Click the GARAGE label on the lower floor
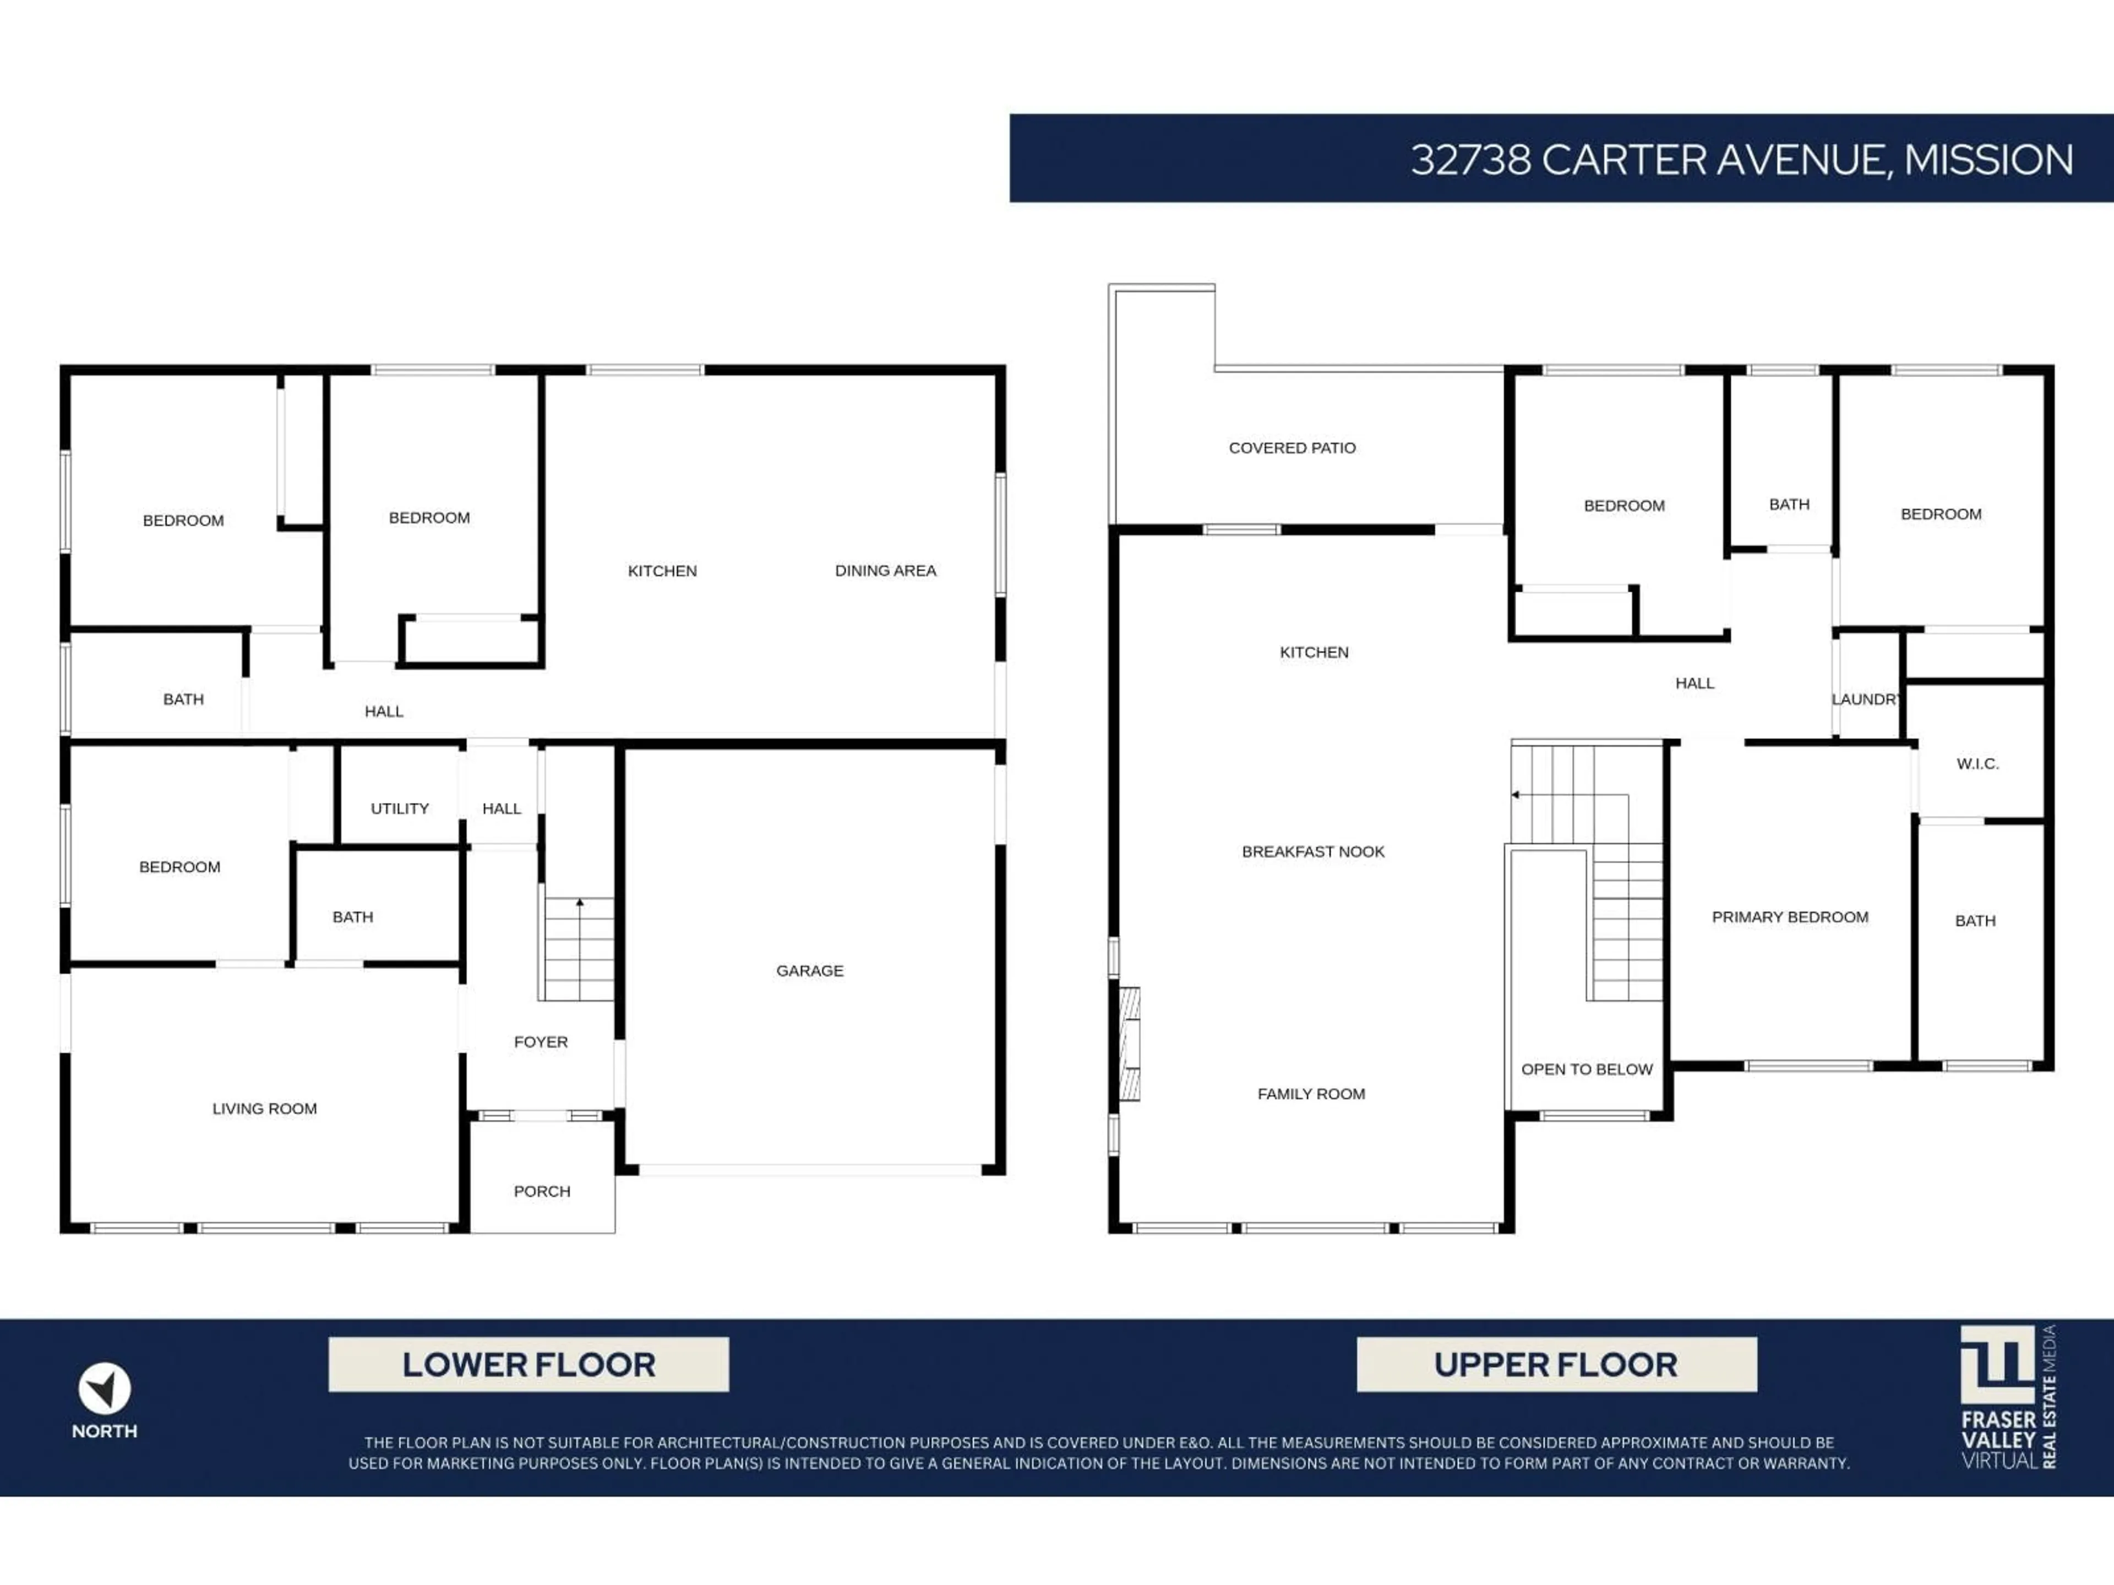coord(809,971)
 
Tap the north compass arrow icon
coord(104,1388)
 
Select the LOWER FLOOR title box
coord(528,1364)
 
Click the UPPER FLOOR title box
coord(1556,1364)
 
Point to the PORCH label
coord(542,1192)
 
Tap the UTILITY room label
coord(400,808)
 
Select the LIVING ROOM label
coord(265,1108)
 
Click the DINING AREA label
coord(885,570)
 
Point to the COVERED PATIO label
coord(1292,448)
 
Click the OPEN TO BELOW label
coord(1587,1069)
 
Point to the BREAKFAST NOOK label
coord(1313,851)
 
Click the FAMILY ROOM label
coord(1311,1094)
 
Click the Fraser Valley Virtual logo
coord(2007,1396)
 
